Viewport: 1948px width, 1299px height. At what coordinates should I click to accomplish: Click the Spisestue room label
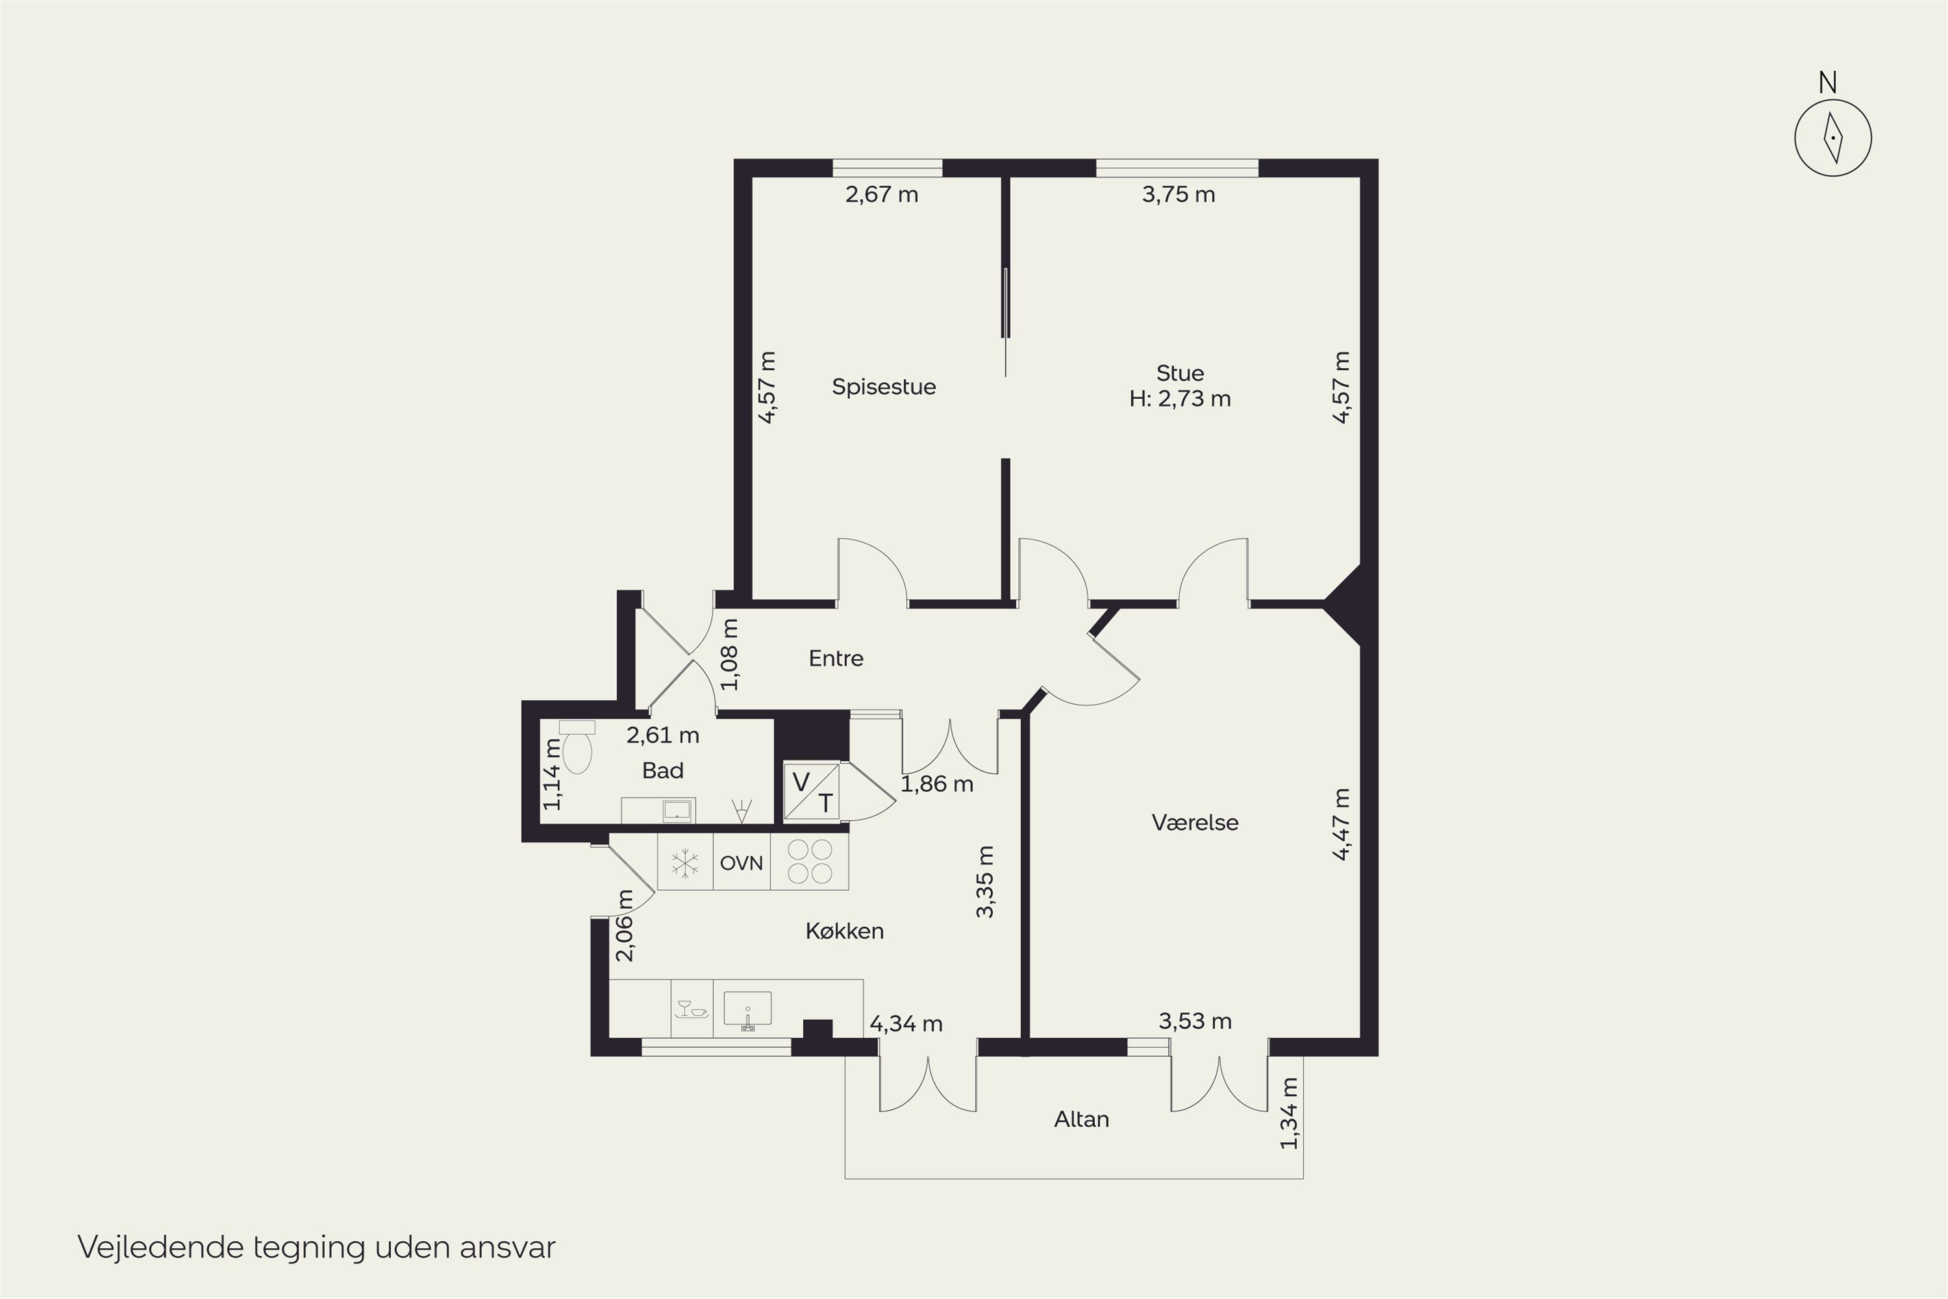coord(884,387)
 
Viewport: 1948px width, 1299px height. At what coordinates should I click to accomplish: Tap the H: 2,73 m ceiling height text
coord(1180,399)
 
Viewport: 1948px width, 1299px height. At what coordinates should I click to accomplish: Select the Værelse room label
coord(1195,823)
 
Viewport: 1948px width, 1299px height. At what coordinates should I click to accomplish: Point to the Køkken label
coord(845,931)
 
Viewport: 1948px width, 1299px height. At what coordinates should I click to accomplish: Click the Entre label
coord(836,659)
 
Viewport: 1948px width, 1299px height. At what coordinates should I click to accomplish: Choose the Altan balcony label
coord(1082,1119)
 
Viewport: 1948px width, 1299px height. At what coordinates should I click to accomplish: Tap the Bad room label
coord(662,770)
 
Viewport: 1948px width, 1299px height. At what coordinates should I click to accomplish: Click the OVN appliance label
coord(742,863)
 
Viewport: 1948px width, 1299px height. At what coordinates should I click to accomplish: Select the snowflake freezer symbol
coord(685,863)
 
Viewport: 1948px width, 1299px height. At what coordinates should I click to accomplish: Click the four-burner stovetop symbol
coord(810,862)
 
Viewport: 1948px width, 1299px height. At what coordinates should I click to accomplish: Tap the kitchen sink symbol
coord(747,1010)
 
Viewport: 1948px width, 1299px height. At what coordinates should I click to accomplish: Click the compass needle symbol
coord(1833,138)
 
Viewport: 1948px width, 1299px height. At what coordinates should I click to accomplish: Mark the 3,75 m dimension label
coord(1179,195)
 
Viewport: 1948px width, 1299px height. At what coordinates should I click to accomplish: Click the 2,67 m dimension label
coord(882,195)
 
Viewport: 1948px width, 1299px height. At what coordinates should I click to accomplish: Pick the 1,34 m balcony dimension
coord(1290,1113)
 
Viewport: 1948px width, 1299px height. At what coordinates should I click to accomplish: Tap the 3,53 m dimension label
coord(1195,1022)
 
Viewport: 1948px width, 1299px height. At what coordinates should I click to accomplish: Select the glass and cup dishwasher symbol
coord(692,1009)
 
